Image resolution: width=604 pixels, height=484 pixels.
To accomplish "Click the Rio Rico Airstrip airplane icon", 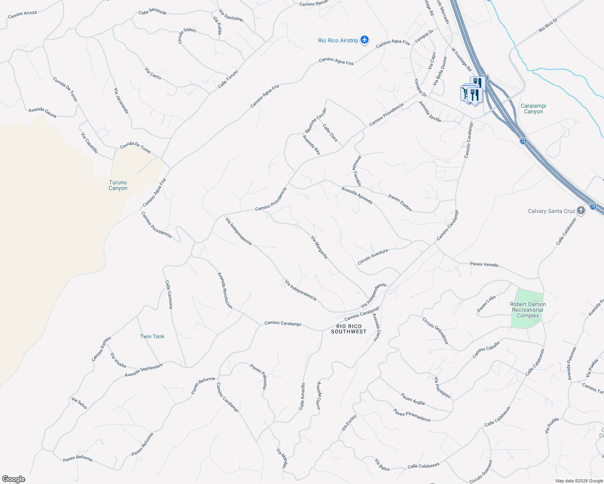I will click(365, 40).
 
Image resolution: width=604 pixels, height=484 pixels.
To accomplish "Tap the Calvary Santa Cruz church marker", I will click(581, 211).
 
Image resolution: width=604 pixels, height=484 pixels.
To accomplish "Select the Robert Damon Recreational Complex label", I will click(528, 310).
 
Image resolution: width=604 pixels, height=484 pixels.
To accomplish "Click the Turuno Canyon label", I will click(118, 185).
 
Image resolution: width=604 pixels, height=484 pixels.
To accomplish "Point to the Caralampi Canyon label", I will click(533, 108).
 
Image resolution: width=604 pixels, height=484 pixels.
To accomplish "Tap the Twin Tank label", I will click(152, 336).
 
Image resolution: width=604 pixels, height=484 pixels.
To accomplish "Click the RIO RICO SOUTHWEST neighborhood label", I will click(349, 329).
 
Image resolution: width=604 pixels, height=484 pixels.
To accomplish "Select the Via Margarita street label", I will click(319, 247).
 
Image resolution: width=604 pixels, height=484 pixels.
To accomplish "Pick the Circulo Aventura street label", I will click(373, 257).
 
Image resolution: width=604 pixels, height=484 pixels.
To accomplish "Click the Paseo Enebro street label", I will click(400, 203).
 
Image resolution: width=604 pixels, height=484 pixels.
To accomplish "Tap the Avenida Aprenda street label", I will click(357, 195).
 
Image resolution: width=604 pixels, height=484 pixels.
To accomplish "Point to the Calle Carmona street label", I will click(169, 294).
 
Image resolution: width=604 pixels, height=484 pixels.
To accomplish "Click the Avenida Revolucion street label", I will click(225, 290).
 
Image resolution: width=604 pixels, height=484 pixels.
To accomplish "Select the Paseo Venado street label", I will click(484, 265).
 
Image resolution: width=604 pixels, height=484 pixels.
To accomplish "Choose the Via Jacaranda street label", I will click(121, 101).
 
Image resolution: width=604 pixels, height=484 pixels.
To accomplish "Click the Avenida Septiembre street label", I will click(144, 370).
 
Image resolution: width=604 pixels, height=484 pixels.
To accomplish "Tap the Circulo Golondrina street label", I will click(435, 331).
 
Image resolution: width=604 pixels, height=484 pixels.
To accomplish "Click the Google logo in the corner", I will click(13, 479).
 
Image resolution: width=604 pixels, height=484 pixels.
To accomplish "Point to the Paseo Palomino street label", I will click(258, 376).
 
